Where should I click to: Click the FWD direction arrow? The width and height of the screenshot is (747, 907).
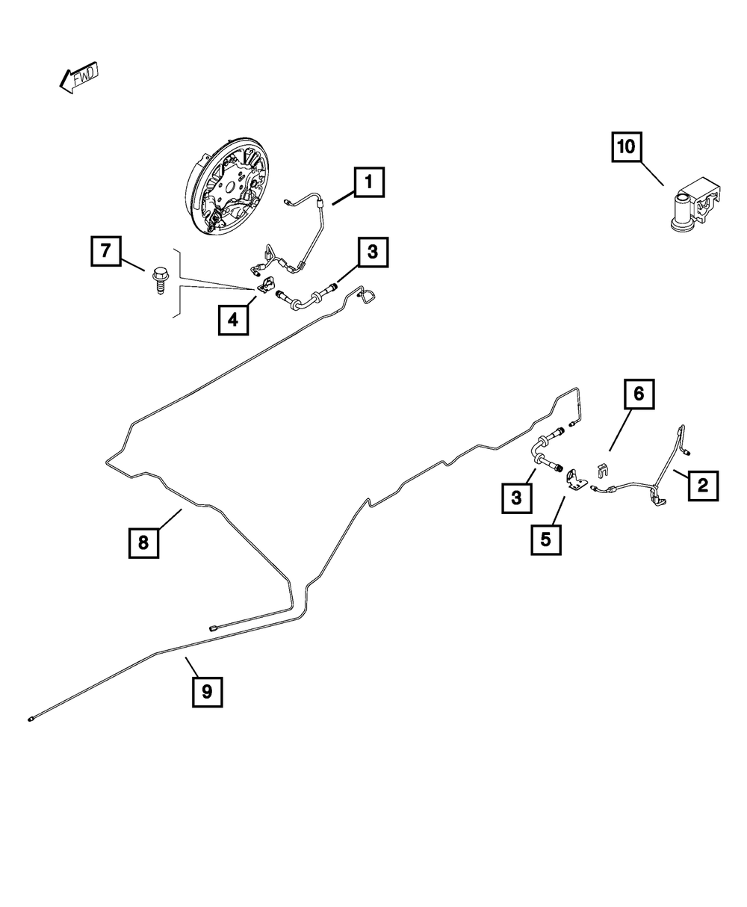[x=78, y=78]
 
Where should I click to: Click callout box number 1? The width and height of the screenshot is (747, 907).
[x=369, y=182]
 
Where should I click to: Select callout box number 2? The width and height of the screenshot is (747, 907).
[x=702, y=486]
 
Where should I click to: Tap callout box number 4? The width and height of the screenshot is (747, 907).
[x=233, y=321]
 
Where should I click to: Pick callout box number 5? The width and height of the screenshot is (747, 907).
[x=545, y=539]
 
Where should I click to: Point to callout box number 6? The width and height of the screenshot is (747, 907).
[x=639, y=394]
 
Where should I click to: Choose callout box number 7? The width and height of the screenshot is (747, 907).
[x=106, y=250]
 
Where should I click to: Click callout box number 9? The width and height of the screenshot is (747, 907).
[x=207, y=692]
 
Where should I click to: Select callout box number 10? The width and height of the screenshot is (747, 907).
[x=626, y=147]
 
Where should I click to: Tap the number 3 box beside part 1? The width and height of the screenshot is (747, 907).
[x=372, y=253]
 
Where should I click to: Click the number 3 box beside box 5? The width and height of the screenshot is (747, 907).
[x=516, y=496]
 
